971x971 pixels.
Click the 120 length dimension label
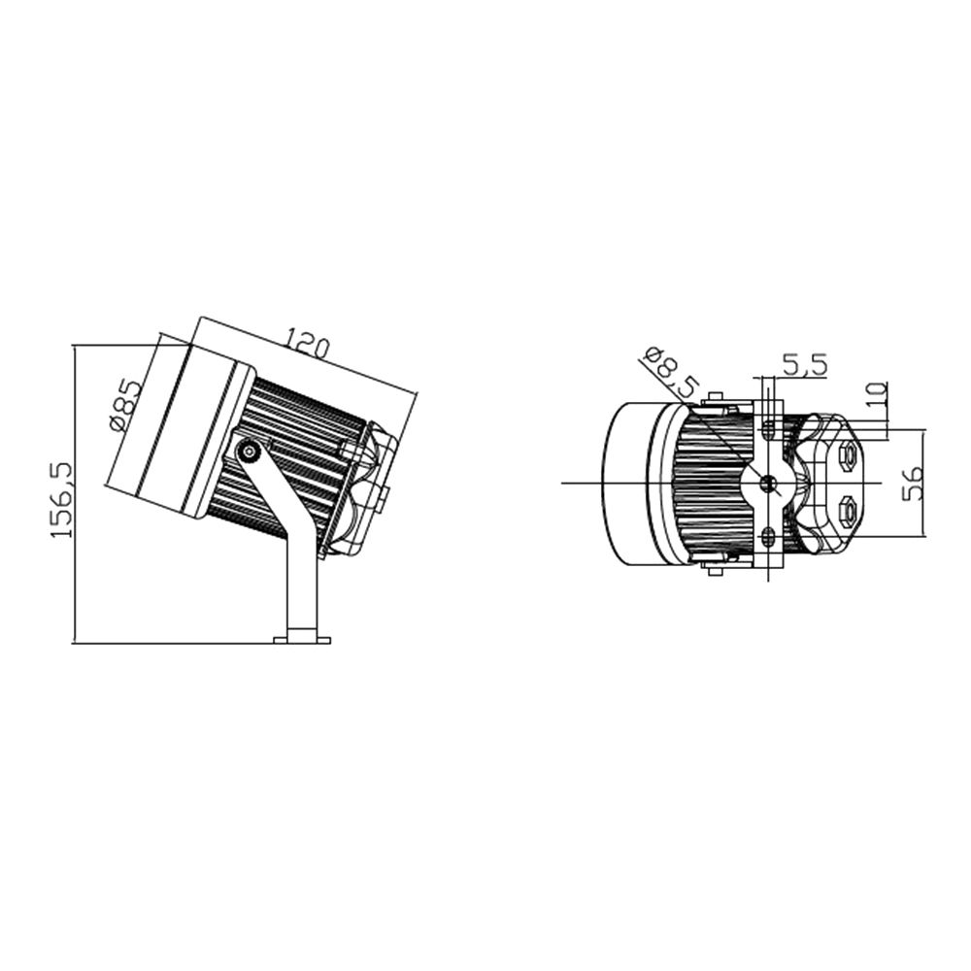pyautogui.click(x=307, y=347)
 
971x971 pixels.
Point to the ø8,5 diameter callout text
pyautogui.click(x=671, y=374)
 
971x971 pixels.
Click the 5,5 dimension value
pyautogui.click(x=804, y=365)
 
